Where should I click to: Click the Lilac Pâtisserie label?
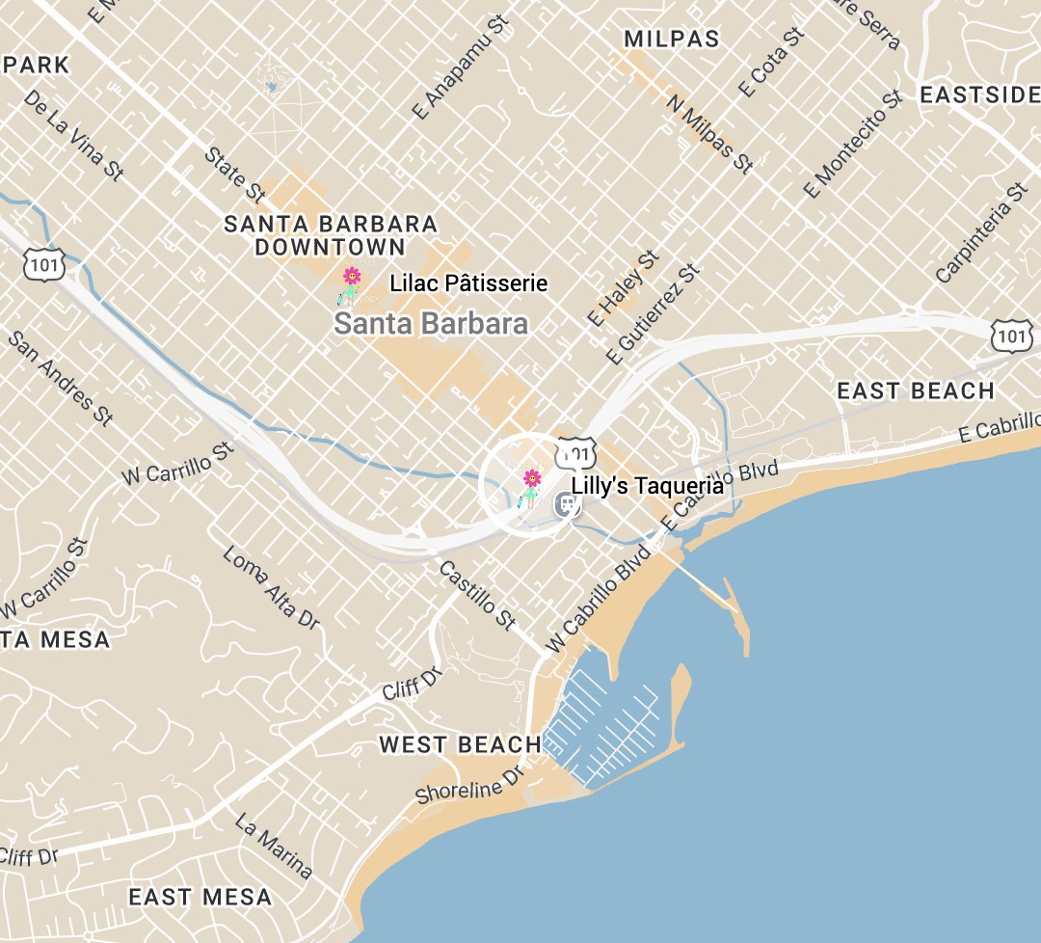point(468,283)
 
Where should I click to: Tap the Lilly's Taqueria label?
point(647,486)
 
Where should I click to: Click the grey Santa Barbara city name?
point(431,324)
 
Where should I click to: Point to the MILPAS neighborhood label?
point(672,39)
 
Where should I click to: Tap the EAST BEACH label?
point(915,391)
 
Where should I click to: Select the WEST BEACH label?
point(460,744)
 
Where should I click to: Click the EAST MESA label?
point(200,897)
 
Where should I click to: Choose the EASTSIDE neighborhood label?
point(978,95)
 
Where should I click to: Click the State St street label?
point(234,174)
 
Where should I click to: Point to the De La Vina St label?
point(74,135)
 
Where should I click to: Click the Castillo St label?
point(477,595)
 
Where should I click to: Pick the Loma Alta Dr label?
point(271,587)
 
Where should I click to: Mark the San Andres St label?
point(60,378)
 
